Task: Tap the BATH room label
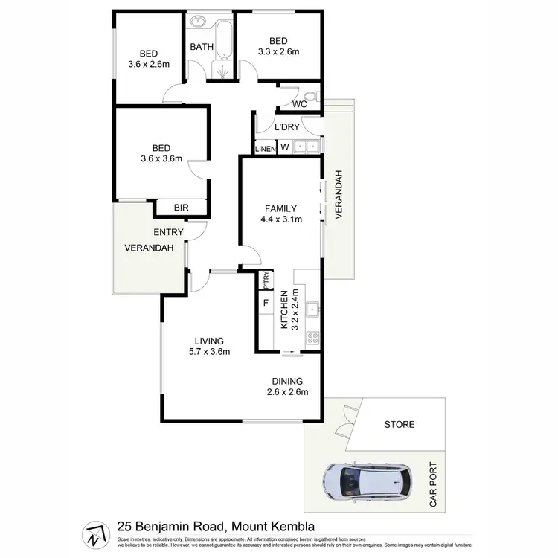pyautogui.click(x=202, y=47)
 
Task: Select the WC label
pyautogui.click(x=300, y=104)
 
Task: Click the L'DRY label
pyautogui.click(x=286, y=127)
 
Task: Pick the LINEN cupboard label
pyautogui.click(x=266, y=149)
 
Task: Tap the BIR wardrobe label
pyautogui.click(x=182, y=208)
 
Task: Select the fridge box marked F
pyautogui.click(x=266, y=303)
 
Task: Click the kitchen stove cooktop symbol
pyautogui.click(x=313, y=339)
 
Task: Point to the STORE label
pyautogui.click(x=400, y=425)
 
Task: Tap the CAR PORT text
pyautogui.click(x=433, y=484)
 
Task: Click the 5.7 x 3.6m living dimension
pyautogui.click(x=208, y=352)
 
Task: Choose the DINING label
pyautogui.click(x=287, y=380)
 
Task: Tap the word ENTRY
pyautogui.click(x=168, y=232)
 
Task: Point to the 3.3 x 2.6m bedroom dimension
pyautogui.click(x=278, y=51)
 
